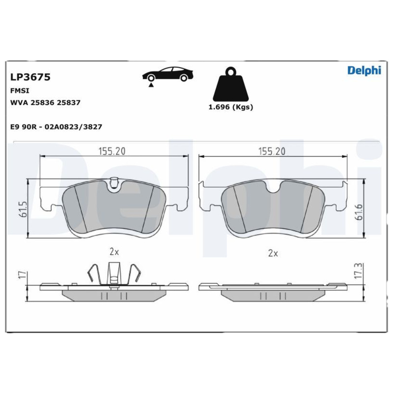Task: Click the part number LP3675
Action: (x=30, y=77)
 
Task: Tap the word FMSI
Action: (x=20, y=91)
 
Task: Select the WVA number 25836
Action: (x=43, y=103)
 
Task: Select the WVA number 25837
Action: (x=68, y=103)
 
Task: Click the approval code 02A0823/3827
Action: (x=73, y=127)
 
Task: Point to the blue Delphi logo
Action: (x=364, y=71)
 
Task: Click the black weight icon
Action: (x=230, y=84)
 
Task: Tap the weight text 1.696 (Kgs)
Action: (x=231, y=107)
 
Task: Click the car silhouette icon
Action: (x=168, y=74)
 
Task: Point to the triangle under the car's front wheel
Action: (x=151, y=85)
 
